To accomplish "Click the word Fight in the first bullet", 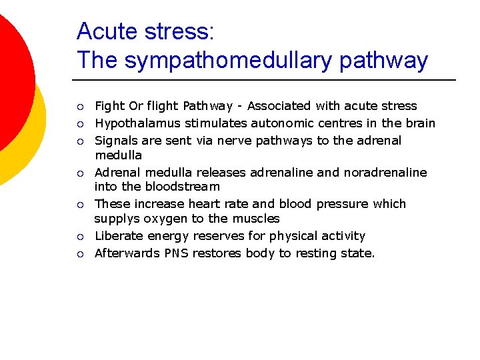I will click(109, 106).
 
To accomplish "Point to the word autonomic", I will click(279, 123).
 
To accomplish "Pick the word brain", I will click(419, 123).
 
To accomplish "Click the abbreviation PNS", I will click(177, 253).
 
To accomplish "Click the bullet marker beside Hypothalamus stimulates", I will click(80, 124).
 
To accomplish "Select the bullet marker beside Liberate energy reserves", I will click(80, 237).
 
